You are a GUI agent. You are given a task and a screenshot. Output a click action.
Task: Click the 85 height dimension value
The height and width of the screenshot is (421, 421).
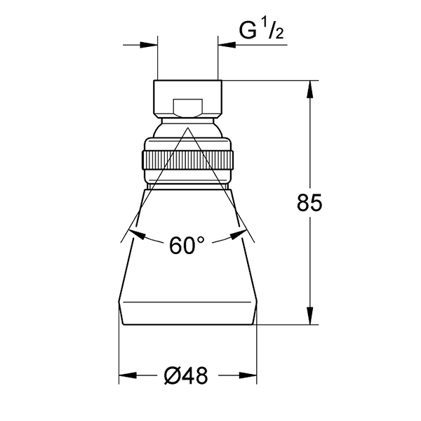pos(309,203)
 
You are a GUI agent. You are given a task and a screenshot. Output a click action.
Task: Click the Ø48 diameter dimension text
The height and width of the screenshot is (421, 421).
pos(186,187)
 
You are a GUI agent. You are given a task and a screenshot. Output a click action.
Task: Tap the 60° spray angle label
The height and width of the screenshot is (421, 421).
pos(187,245)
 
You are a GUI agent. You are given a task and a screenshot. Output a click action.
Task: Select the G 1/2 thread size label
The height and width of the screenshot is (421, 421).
pos(261,30)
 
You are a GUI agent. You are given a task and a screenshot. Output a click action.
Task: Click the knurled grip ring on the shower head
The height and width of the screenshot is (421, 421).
pos(187,160)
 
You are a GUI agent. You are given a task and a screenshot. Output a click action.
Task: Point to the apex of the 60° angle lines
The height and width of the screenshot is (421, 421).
pos(187,128)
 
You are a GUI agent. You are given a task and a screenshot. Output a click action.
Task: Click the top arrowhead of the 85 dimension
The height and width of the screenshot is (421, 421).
pos(309,89)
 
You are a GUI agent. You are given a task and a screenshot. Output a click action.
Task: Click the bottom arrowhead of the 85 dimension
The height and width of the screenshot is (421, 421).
pos(309,316)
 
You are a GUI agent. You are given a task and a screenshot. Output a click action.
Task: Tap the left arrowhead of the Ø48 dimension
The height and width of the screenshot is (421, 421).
pos(128,187)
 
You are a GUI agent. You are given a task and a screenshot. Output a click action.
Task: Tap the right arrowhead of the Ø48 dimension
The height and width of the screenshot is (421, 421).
pos(248,187)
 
